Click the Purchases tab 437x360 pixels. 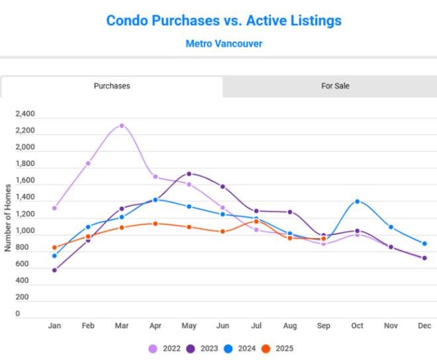click(112, 86)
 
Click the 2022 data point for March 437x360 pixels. click(121, 126)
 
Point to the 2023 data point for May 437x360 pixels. click(189, 174)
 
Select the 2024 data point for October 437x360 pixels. click(358, 201)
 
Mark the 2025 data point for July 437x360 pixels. click(256, 222)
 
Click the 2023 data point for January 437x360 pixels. click(54, 270)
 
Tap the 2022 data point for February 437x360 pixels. click(88, 163)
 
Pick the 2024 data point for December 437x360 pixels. click(424, 244)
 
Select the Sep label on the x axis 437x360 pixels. click(324, 326)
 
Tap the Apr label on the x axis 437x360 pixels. click(156, 326)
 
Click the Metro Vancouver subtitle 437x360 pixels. click(224, 44)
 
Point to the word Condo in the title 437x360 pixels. click(128, 21)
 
